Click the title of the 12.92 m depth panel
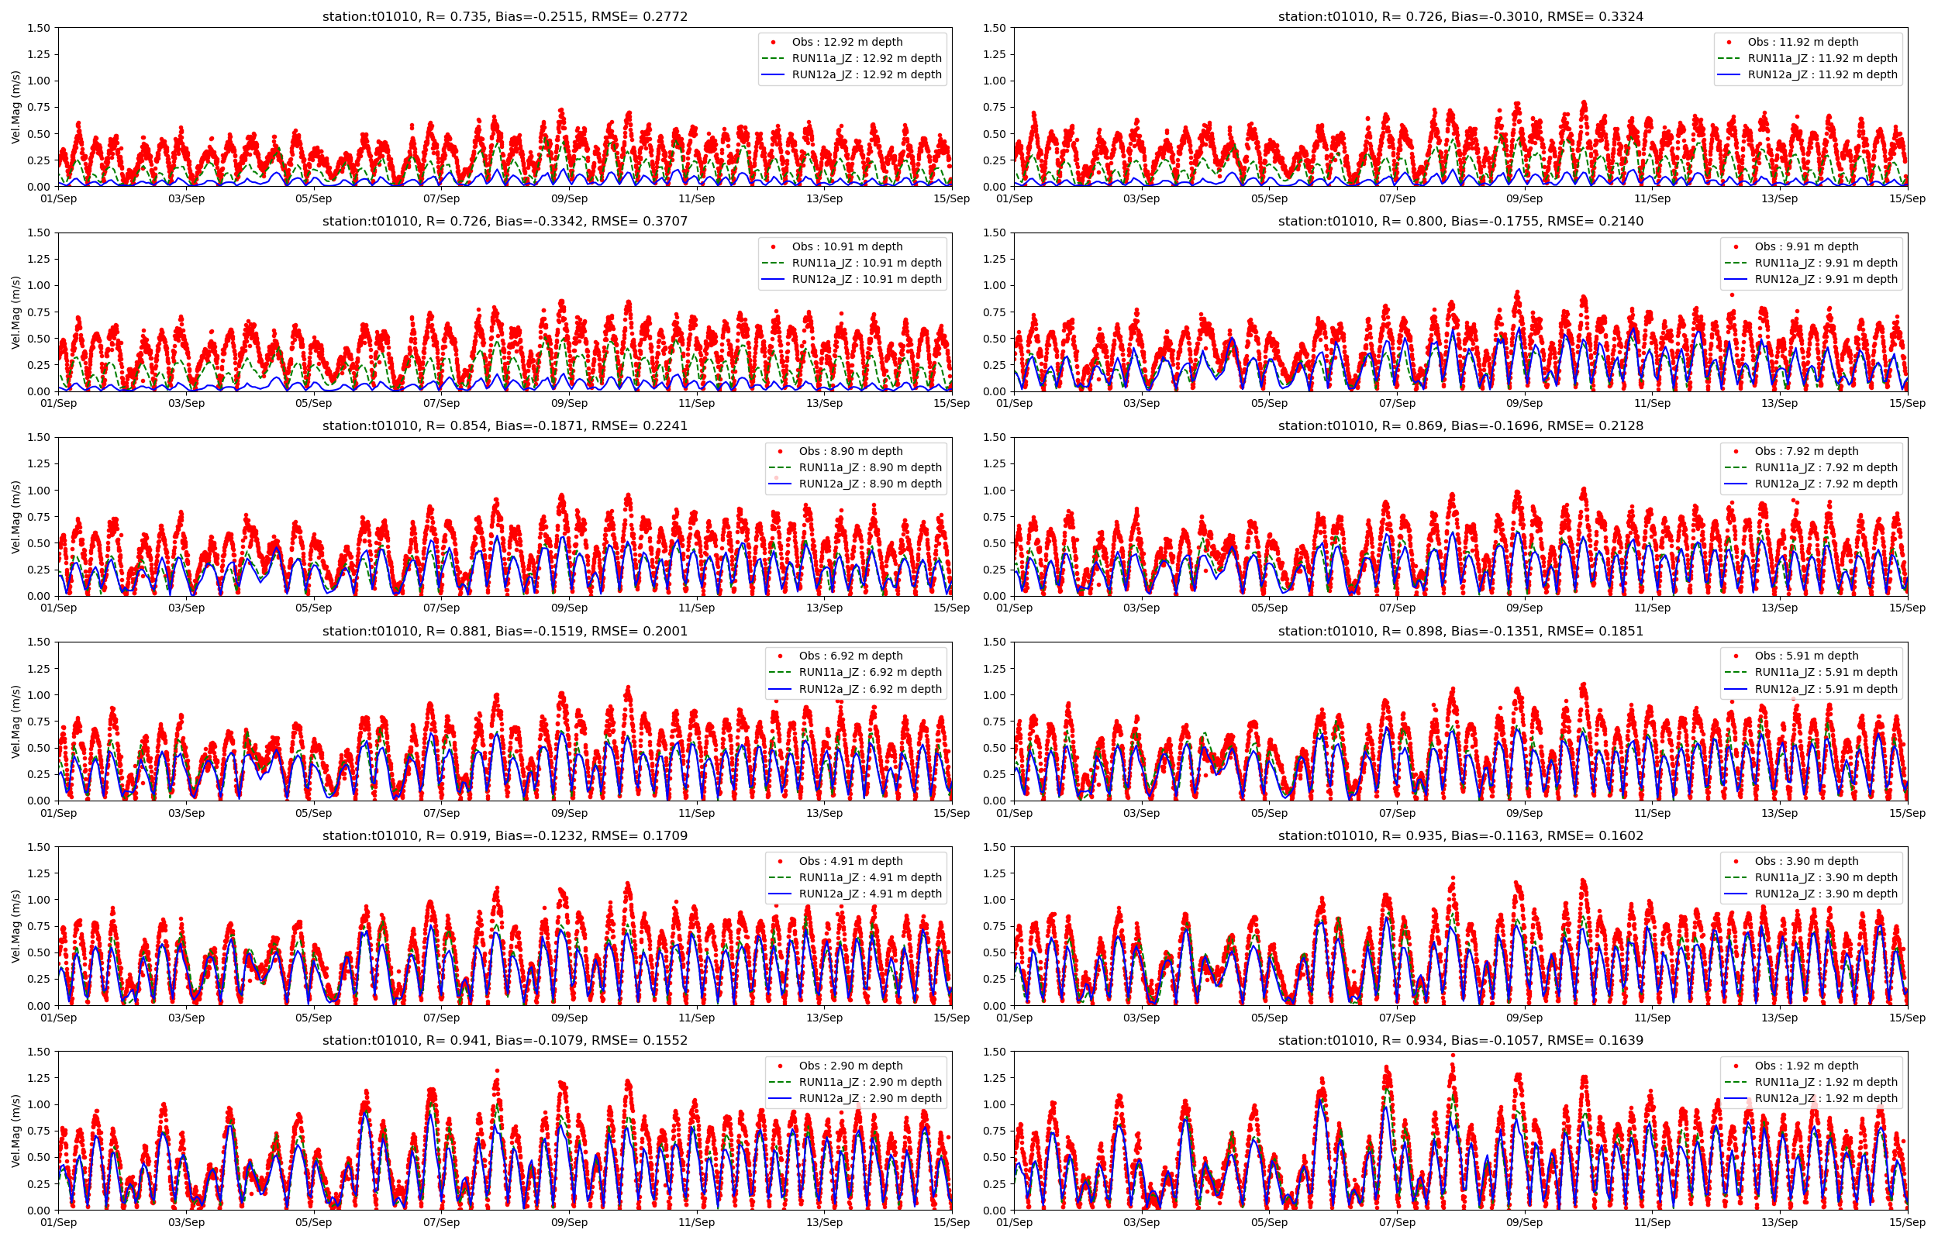pyautogui.click(x=505, y=16)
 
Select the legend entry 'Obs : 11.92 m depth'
pyautogui.click(x=1803, y=42)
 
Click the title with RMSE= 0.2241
pyautogui.click(x=505, y=426)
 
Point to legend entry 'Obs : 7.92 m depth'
pyautogui.click(x=1807, y=451)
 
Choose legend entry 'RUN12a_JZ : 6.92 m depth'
pyautogui.click(x=870, y=689)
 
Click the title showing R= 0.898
pyautogui.click(x=1460, y=632)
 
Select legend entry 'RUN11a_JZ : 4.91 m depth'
pyautogui.click(x=870, y=877)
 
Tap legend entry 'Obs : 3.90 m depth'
pyautogui.click(x=1807, y=861)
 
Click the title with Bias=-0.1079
pyautogui.click(x=505, y=1040)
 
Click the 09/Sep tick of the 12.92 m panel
pyautogui.click(x=569, y=199)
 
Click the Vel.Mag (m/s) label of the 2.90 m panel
pyautogui.click(x=16, y=1131)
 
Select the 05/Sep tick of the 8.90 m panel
pyautogui.click(x=313, y=608)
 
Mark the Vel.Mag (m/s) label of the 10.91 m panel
pyautogui.click(x=16, y=312)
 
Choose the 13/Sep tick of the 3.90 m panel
pyautogui.click(x=1779, y=1018)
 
